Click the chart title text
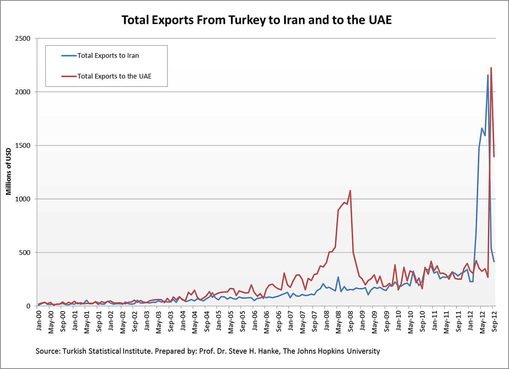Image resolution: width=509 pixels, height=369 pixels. tap(256, 20)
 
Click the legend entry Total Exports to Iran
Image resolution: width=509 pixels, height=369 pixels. tap(108, 56)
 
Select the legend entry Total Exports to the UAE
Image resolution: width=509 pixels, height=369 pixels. tap(114, 76)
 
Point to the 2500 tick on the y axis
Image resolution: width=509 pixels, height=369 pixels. tap(23, 38)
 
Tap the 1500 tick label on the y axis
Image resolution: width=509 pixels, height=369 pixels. tap(23, 146)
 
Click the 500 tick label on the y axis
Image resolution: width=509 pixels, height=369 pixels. tap(24, 253)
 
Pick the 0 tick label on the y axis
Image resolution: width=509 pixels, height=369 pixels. tap(28, 306)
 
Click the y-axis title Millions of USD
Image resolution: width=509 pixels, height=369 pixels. tap(9, 172)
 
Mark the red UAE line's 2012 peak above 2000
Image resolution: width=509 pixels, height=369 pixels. tap(491, 68)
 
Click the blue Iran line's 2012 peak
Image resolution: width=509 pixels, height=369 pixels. tap(488, 75)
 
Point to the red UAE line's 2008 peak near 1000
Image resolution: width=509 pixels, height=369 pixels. tap(350, 191)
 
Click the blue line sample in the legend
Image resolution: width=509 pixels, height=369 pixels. tap(69, 56)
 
